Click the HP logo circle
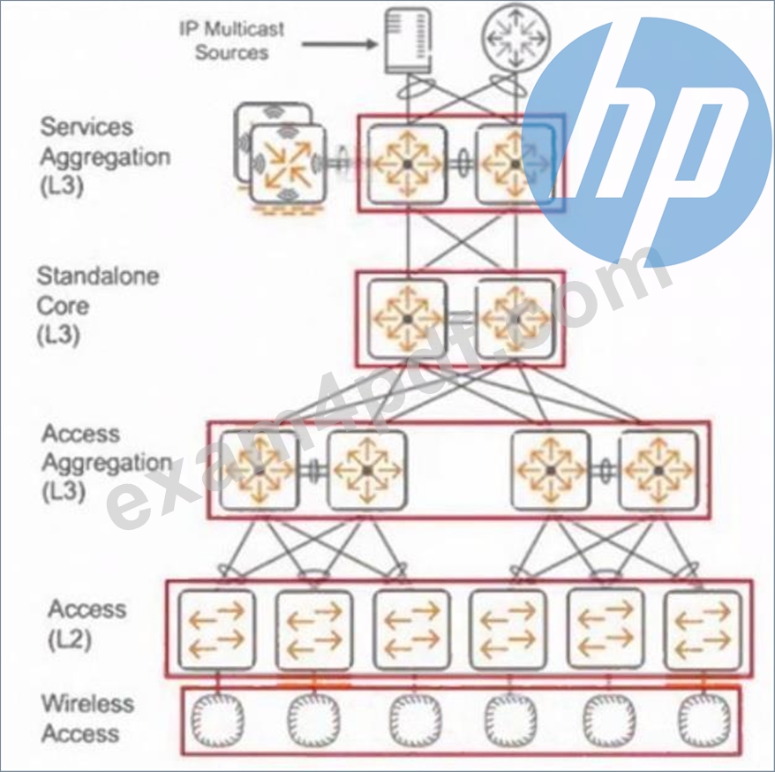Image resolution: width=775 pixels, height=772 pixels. click(648, 142)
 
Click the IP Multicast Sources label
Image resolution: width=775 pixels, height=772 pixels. click(232, 41)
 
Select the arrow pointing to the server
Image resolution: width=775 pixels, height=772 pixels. click(340, 44)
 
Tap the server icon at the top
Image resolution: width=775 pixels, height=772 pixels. click(408, 41)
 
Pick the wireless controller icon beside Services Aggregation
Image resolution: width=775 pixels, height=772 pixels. click(287, 163)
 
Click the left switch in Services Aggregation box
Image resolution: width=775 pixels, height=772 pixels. click(407, 163)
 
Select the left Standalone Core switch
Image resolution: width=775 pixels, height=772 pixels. click(407, 319)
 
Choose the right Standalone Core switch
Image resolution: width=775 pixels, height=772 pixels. click(515, 319)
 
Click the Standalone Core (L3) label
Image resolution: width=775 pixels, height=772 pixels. click(98, 306)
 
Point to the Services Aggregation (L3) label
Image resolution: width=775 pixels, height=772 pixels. click(105, 156)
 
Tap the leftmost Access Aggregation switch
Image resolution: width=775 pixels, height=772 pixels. click(259, 470)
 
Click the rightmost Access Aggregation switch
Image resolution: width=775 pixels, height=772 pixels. click(658, 470)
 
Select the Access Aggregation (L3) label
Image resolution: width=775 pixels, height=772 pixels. click(107, 463)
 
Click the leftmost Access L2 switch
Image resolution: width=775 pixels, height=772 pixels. click(216, 629)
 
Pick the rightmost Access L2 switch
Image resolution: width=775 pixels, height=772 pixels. click(704, 629)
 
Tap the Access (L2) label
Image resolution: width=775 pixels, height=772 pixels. click(87, 624)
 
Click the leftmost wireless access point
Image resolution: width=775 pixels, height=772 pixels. click(217, 720)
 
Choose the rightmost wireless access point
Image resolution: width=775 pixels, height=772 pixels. click(704, 720)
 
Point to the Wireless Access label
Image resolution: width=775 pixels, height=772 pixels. click(87, 718)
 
